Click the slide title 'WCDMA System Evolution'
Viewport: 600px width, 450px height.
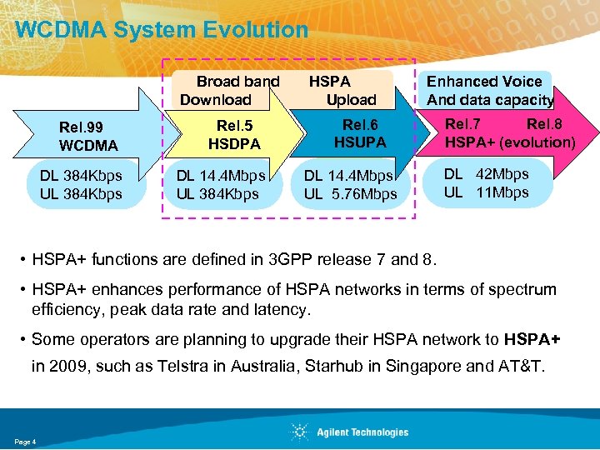[162, 31]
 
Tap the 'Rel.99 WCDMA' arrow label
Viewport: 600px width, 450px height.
[88, 137]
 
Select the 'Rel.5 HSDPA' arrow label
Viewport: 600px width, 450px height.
[234, 135]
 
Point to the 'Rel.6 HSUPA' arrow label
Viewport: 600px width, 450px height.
[359, 133]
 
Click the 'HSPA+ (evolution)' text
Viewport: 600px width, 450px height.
[510, 142]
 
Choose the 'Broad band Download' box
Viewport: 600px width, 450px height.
[229, 91]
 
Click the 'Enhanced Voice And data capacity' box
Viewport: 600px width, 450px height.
[490, 91]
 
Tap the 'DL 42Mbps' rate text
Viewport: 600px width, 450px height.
[486, 175]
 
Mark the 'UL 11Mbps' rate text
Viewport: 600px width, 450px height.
[486, 192]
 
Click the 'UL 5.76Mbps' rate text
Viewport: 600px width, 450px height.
[351, 195]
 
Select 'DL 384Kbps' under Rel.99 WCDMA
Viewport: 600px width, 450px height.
[81, 176]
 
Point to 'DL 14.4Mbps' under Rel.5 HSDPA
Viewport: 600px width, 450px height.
[221, 176]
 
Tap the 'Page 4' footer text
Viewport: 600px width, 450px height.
[26, 440]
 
